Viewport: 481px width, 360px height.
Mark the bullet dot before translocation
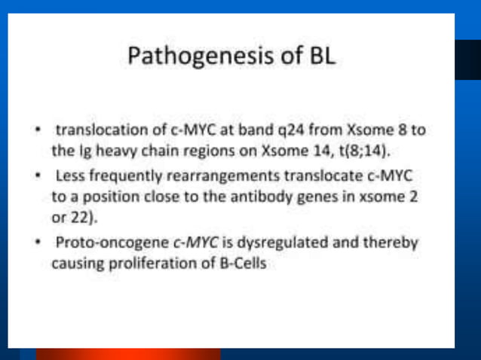[x=36, y=130]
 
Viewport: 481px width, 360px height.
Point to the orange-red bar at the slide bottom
[x=128, y=354]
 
